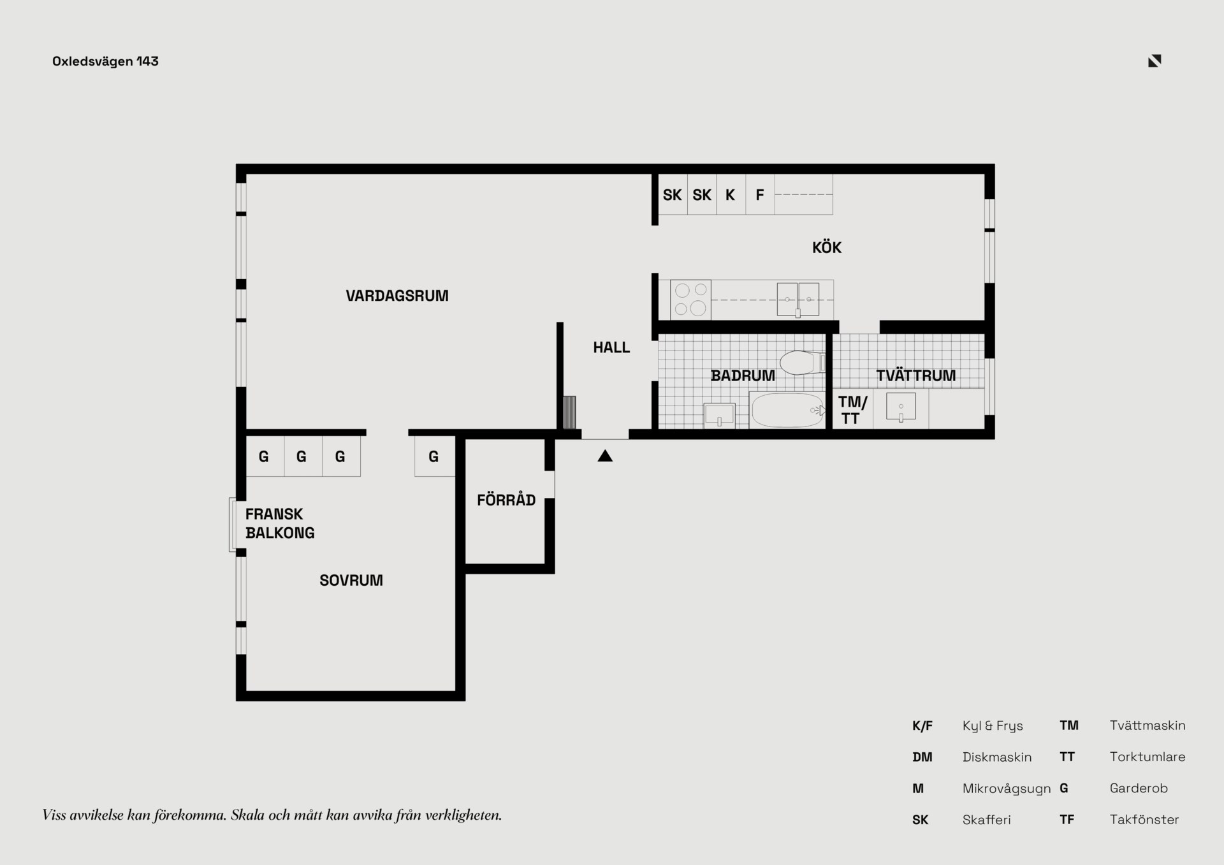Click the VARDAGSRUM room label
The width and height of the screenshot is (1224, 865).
(397, 296)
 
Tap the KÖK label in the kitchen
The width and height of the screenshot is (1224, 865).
(826, 247)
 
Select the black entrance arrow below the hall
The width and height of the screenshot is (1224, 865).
(605, 456)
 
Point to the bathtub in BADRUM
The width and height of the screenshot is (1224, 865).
(787, 410)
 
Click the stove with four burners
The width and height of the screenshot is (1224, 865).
(690, 300)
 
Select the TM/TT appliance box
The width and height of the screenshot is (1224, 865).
(852, 410)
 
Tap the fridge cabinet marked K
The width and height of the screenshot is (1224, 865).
(731, 195)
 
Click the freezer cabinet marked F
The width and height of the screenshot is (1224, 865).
(760, 195)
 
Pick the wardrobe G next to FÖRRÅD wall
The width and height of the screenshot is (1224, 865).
(434, 456)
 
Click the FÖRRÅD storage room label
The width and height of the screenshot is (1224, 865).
(506, 500)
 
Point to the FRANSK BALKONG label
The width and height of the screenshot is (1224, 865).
(280, 523)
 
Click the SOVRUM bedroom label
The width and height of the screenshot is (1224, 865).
(351, 580)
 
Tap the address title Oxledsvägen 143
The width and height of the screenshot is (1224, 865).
(105, 61)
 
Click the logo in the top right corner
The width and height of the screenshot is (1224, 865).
(1155, 61)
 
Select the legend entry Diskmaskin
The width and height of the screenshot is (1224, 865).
(996, 757)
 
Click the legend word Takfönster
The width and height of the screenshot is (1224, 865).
(1144, 820)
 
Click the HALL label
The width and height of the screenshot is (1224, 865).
(611, 347)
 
